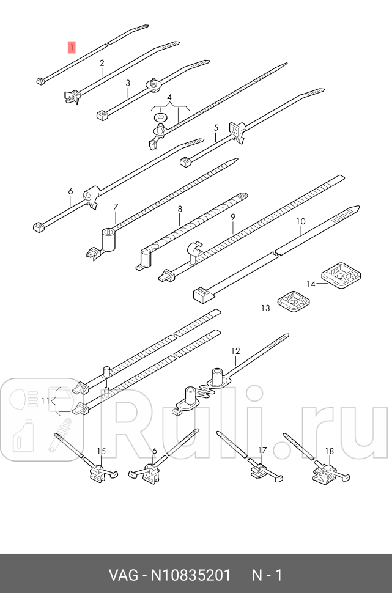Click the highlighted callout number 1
pos(72,47)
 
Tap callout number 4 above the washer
pos(169,98)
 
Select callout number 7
pos(116,207)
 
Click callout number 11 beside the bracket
pos(45,400)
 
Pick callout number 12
pos(235,351)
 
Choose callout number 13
pos(265,308)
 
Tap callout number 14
pos(311,284)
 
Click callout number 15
pos(102,451)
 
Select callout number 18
pos(329,451)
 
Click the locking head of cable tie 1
pos(42,80)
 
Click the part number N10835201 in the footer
pos(191,576)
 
